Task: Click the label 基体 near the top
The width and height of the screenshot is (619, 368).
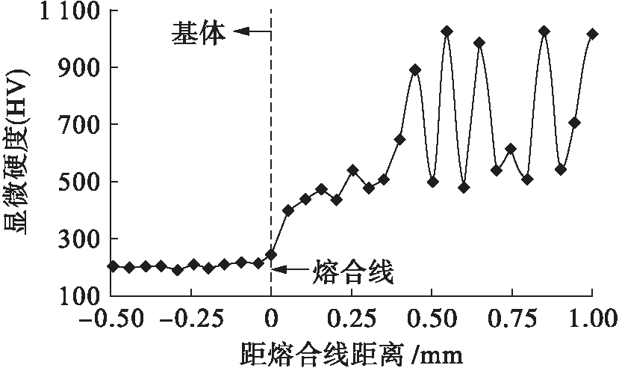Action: pyautogui.click(x=199, y=33)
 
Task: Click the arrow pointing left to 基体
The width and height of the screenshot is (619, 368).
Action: pyautogui.click(x=252, y=31)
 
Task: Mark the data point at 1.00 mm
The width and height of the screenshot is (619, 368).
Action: pyautogui.click(x=592, y=34)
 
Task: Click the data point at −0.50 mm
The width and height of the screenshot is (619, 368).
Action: pyautogui.click(x=113, y=266)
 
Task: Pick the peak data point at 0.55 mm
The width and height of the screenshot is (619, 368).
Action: pyautogui.click(x=447, y=31)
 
